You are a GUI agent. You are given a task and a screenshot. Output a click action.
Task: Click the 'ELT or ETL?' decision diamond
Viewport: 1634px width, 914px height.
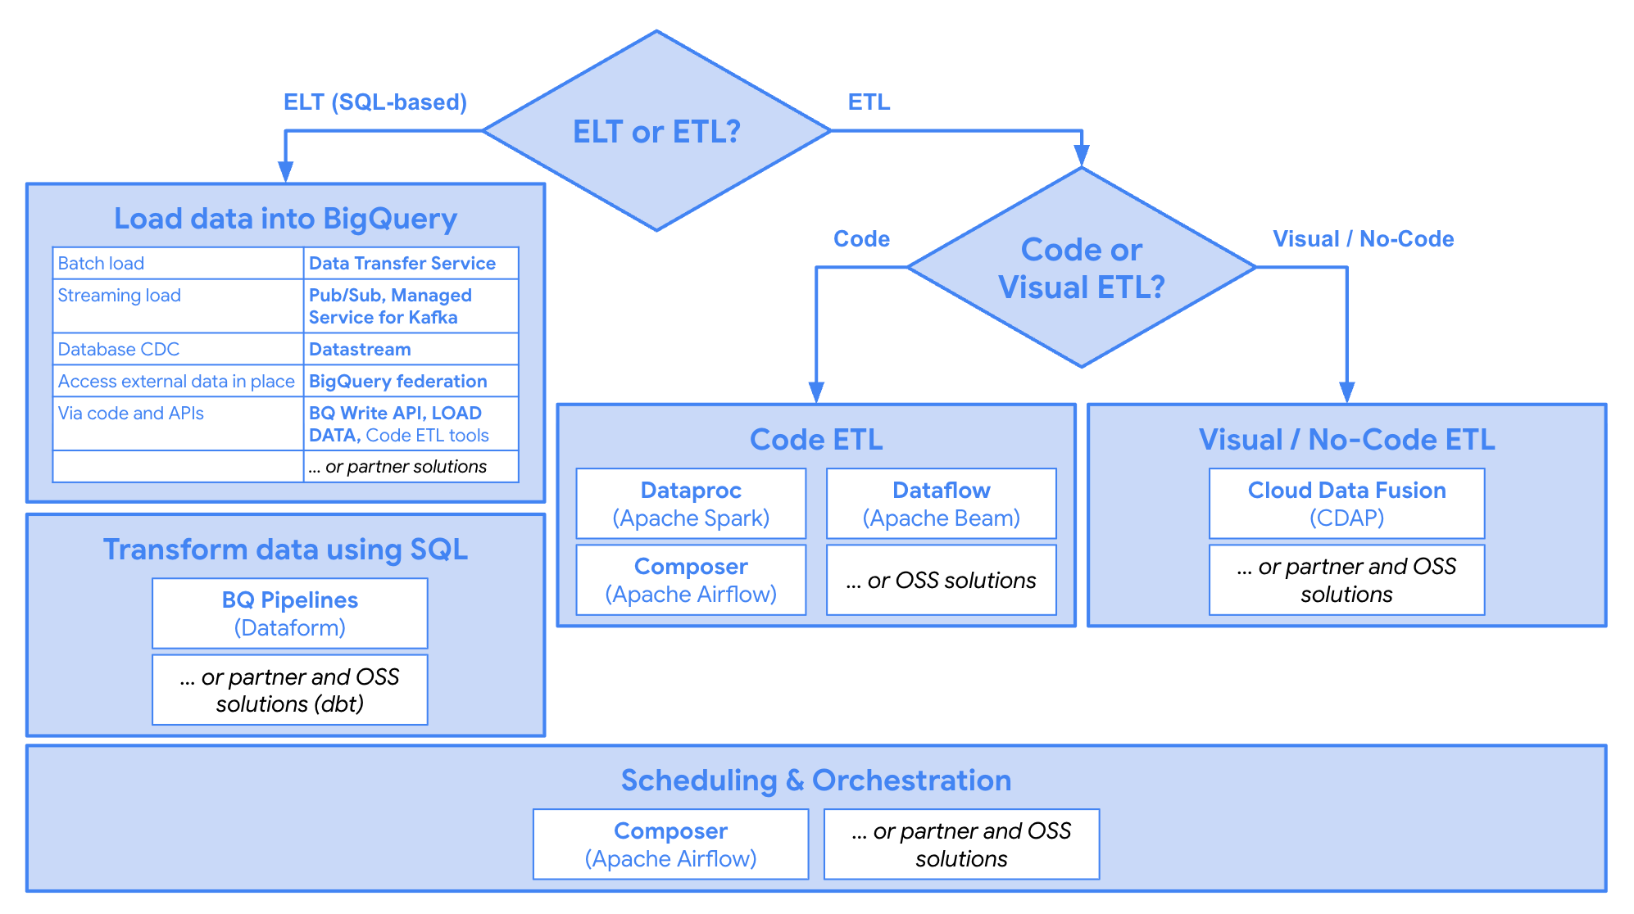coord(656,131)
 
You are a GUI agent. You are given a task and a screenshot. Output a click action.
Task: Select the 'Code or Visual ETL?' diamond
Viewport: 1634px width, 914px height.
coord(1081,268)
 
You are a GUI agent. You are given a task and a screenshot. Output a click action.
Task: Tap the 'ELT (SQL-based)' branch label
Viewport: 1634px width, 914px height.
coord(374,102)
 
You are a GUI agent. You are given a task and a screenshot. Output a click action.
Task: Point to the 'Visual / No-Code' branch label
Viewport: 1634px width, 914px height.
coord(1363,239)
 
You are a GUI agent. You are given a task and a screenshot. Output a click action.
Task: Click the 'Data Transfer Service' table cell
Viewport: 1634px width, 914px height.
coord(410,263)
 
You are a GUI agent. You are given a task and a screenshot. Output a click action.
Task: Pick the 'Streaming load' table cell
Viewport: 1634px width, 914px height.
coord(177,305)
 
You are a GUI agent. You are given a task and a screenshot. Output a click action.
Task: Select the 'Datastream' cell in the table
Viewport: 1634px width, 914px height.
coord(410,349)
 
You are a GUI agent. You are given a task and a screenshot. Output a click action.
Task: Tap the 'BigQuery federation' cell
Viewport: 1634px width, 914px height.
coord(410,381)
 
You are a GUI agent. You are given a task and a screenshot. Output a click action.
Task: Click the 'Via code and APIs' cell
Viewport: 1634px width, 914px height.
coord(177,423)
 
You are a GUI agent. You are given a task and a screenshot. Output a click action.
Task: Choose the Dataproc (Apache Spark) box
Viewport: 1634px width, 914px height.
coord(691,504)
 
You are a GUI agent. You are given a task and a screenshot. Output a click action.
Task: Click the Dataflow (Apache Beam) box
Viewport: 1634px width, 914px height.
coord(941,504)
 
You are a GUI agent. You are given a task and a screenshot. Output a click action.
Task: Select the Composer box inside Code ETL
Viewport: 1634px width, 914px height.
coord(691,580)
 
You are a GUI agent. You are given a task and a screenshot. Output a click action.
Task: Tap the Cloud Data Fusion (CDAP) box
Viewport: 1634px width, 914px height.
coord(1346,504)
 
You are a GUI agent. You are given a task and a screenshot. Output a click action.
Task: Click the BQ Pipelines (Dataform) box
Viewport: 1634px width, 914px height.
coord(289,613)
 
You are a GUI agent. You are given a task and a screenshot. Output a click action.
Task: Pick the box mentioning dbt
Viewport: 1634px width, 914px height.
coord(289,690)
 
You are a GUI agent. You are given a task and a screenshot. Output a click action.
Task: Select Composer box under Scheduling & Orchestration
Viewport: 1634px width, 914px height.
coord(670,844)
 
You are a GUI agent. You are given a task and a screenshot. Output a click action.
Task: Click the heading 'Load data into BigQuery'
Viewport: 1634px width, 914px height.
coord(285,219)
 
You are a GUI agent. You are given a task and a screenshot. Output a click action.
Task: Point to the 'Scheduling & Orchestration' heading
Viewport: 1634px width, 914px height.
coord(815,781)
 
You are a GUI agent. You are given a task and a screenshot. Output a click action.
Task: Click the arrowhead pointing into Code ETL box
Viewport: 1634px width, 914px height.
coord(816,393)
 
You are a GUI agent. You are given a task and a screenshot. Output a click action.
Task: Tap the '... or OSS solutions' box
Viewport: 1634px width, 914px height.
coord(941,580)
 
